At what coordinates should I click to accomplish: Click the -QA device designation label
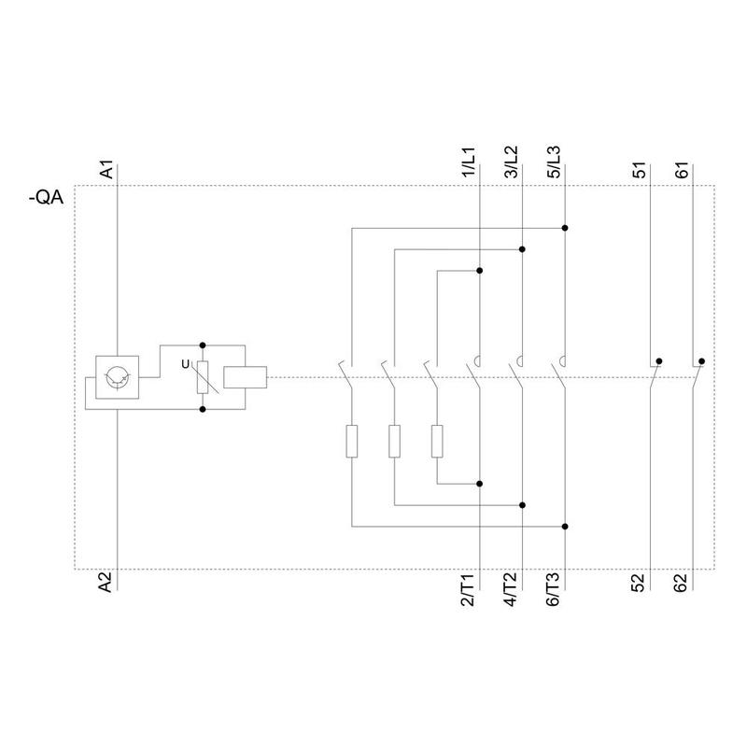pos(46,197)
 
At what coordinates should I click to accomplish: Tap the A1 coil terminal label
pos(107,170)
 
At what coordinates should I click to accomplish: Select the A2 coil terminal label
pos(106,582)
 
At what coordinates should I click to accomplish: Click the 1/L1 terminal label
pos(469,162)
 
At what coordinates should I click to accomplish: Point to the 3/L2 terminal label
pos(511,162)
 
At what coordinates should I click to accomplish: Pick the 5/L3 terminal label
pos(554,162)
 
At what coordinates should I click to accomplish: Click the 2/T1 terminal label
pos(468,590)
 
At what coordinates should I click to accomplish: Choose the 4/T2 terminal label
pos(510,590)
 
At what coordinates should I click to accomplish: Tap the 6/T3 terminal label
pos(553,590)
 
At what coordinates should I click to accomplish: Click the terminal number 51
pos(640,170)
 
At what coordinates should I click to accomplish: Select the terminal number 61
pos(682,170)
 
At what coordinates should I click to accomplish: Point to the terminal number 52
pos(639,583)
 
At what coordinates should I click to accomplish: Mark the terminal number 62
pos(682,583)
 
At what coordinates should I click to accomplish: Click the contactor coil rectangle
pos(246,377)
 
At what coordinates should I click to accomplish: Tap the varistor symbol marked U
pos(203,377)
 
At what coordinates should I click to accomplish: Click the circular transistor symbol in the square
pos(118,377)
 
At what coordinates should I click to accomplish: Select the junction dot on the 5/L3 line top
pos(565,228)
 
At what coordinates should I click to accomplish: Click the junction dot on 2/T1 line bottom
pos(480,484)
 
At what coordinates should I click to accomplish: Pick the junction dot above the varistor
pos(203,345)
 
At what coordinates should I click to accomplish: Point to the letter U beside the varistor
pos(185,364)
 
